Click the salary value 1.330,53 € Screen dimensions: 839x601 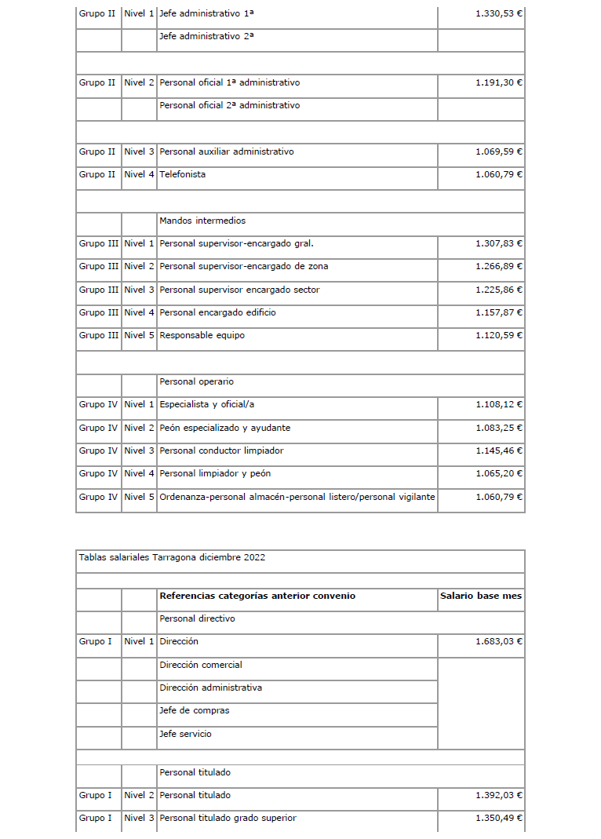tap(499, 14)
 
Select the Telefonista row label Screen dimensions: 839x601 tap(183, 174)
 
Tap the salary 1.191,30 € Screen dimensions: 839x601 tap(499, 82)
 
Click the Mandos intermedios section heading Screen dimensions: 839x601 tap(202, 221)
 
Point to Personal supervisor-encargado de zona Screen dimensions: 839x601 tap(244, 267)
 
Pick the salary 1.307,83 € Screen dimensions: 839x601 tap(499, 243)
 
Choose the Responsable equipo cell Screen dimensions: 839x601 tap(202, 335)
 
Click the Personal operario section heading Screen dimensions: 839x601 tap(197, 382)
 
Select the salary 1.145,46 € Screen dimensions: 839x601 tap(499, 451)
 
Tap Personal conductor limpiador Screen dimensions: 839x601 tap(221, 451)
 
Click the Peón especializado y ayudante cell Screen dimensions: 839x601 tap(225, 428)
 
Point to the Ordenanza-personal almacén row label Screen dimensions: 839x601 tap(297, 497)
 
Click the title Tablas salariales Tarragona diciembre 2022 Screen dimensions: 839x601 tap(173, 558)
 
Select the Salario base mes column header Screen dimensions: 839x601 tap(481, 596)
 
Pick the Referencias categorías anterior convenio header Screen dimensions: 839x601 tap(257, 596)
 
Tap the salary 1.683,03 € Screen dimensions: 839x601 tap(499, 642)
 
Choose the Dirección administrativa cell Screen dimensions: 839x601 tap(211, 688)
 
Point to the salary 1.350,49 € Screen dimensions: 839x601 tap(499, 819)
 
